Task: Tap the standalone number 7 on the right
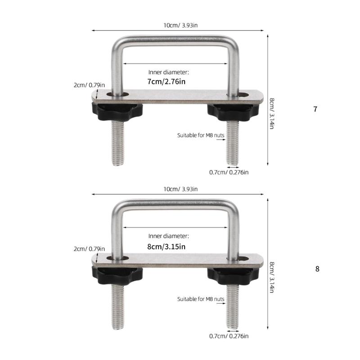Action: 315,109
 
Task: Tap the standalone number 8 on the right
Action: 317,269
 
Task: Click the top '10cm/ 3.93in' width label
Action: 178,25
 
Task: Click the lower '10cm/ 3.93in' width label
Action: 178,189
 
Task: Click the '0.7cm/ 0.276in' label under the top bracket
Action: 229,172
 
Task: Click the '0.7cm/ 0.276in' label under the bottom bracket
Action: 229,336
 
